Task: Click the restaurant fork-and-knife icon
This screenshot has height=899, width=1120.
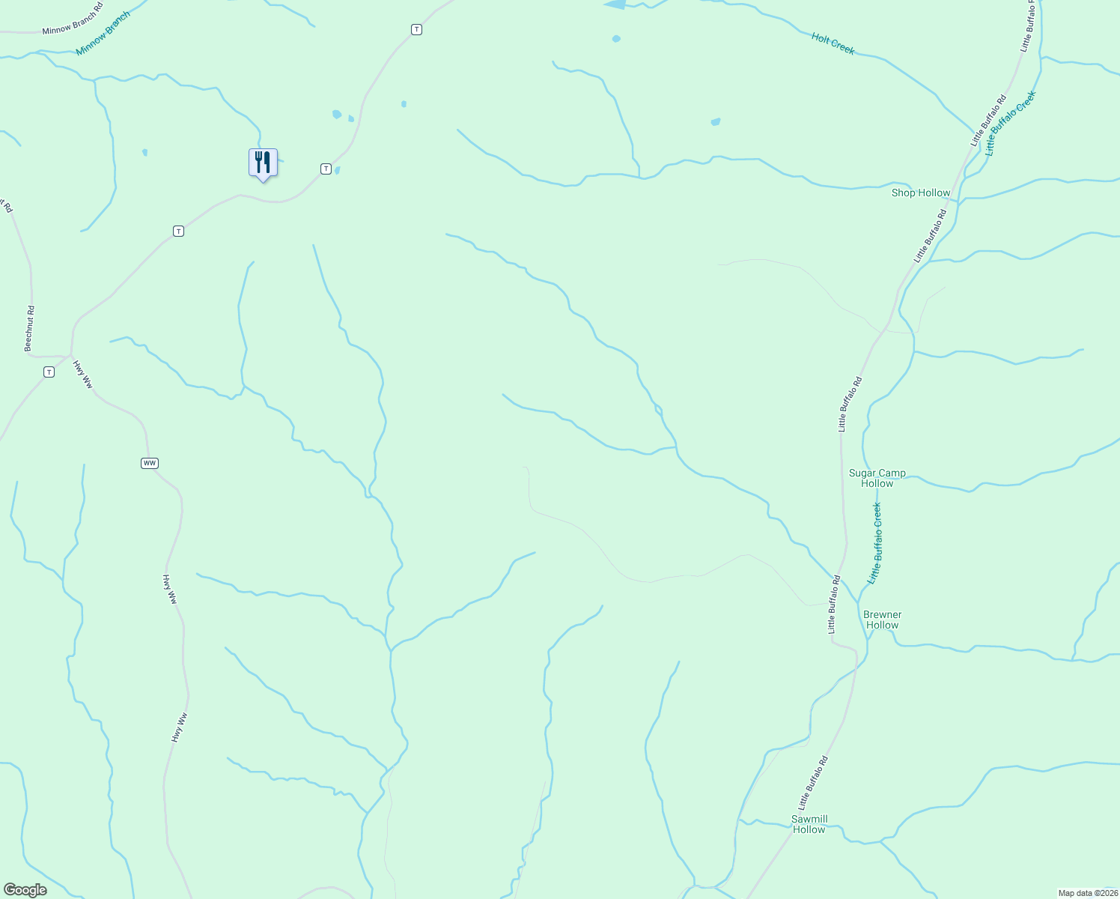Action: coord(263,162)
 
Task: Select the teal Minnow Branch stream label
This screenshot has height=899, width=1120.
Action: coord(103,34)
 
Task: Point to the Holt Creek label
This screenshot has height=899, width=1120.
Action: coord(833,43)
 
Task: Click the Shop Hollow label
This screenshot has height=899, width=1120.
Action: coord(920,193)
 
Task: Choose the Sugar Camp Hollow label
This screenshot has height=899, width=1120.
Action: coord(877,478)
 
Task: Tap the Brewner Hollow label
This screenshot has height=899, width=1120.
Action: coord(882,620)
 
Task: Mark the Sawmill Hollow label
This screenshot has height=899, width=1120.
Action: coord(809,824)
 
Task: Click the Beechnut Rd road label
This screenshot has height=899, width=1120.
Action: coord(29,328)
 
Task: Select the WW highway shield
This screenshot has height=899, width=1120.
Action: coord(150,463)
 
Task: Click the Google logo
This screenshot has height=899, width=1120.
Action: coord(25,890)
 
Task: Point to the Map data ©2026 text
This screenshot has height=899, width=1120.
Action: coord(1087,893)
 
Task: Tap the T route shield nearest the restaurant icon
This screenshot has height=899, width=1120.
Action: coord(326,169)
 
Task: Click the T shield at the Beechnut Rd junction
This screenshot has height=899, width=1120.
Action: coord(49,372)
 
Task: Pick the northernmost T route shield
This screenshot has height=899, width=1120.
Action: coord(416,29)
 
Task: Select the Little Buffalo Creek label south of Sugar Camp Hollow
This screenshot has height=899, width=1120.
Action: coord(874,543)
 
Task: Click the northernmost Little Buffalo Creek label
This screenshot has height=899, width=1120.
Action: coord(1010,123)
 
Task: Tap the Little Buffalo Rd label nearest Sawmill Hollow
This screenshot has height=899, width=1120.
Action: coord(812,783)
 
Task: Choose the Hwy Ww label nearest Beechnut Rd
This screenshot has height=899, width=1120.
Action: coord(82,375)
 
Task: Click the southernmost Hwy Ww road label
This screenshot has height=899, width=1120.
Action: coord(178,727)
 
